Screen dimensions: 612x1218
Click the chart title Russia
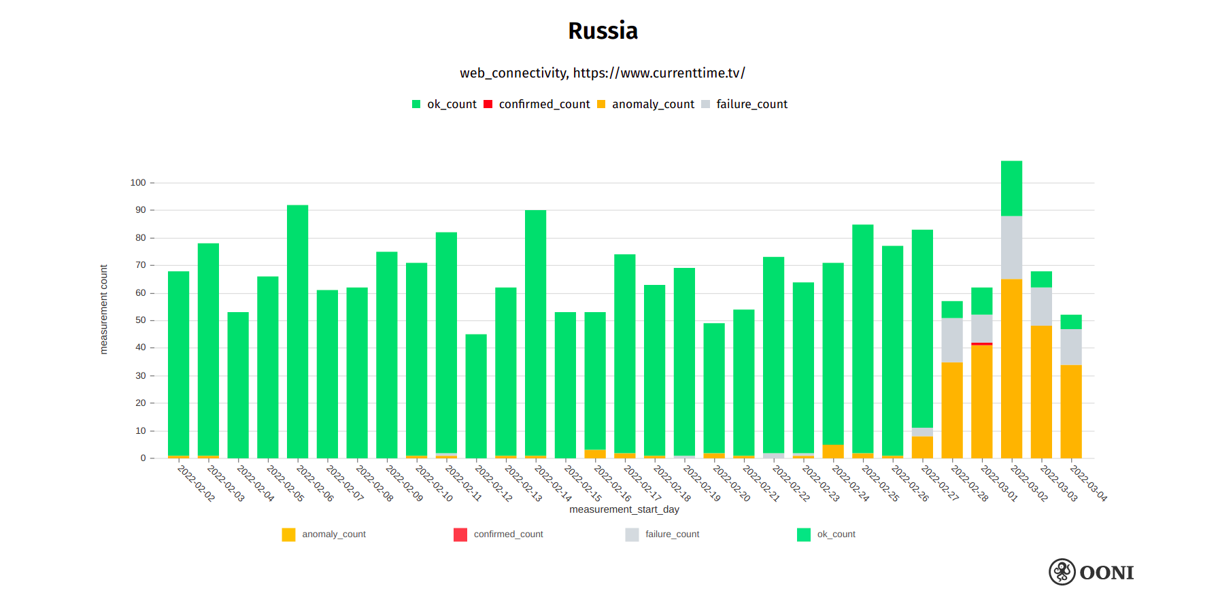tap(603, 31)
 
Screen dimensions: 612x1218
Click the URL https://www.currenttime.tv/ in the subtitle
tap(658, 73)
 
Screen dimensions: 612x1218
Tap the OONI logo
tap(1091, 572)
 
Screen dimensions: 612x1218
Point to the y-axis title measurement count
tap(104, 309)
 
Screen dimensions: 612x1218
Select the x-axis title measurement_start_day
tap(624, 509)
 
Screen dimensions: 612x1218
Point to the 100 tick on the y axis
tap(138, 183)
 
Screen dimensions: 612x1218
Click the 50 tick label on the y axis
tap(140, 320)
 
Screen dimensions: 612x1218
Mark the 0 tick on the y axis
tap(143, 458)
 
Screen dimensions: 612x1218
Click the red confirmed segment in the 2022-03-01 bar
tap(981, 344)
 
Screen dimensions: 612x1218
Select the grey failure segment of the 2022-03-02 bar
tap(1011, 248)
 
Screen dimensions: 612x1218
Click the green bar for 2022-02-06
tap(297, 331)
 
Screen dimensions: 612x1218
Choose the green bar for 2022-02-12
tap(476, 396)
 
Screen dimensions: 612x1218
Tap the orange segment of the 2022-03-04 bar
tap(1071, 411)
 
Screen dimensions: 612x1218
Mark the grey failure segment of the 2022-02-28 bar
tap(951, 340)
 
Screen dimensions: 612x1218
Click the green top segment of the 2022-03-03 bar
tap(1041, 279)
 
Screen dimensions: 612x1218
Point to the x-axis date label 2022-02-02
tap(196, 483)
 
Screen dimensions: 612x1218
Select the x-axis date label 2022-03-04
tap(1088, 483)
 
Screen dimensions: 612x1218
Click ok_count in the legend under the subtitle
tap(451, 104)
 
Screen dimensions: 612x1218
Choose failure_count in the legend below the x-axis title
tap(671, 534)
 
